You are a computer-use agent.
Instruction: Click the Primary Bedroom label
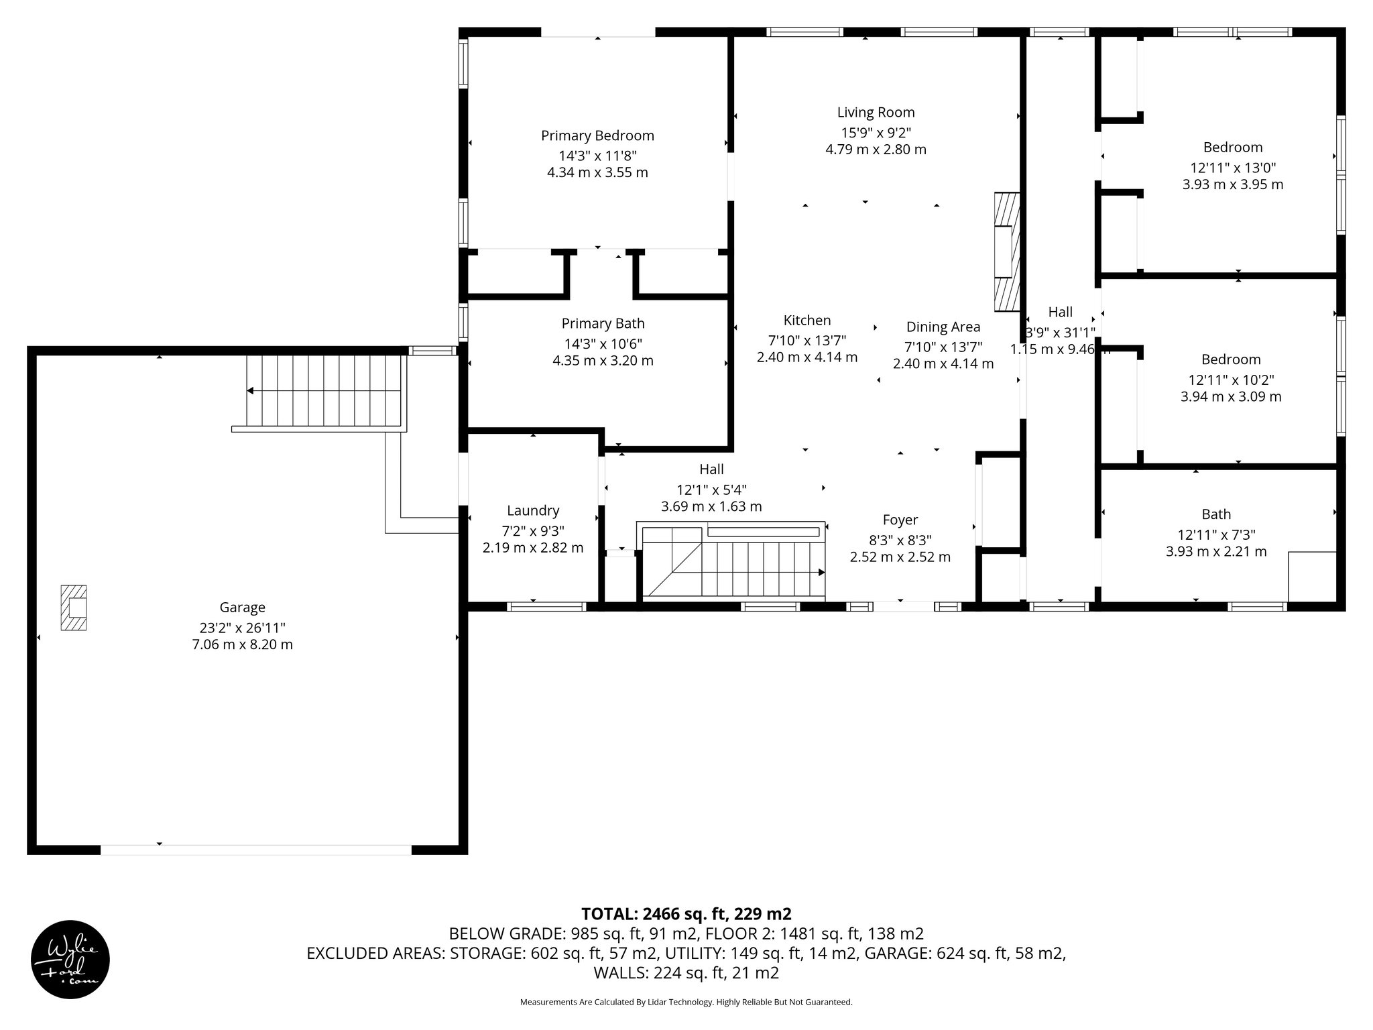pyautogui.click(x=597, y=136)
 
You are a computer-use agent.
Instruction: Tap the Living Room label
pyautogui.click(x=876, y=113)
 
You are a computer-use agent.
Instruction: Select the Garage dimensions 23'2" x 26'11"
pyautogui.click(x=243, y=628)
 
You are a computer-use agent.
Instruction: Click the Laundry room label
pyautogui.click(x=533, y=511)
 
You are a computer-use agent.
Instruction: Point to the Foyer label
pyautogui.click(x=900, y=520)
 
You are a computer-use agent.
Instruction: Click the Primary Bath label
pyautogui.click(x=603, y=324)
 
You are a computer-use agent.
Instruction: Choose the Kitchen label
pyautogui.click(x=807, y=321)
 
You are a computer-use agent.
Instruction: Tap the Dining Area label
pyautogui.click(x=943, y=327)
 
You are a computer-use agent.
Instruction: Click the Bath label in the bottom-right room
pyautogui.click(x=1216, y=514)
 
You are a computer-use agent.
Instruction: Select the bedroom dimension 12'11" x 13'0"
pyautogui.click(x=1233, y=168)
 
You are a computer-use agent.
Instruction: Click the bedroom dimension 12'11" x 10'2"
pyautogui.click(x=1231, y=380)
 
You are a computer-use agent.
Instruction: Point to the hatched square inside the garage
pyautogui.click(x=73, y=608)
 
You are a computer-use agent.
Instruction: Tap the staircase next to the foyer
pyautogui.click(x=733, y=562)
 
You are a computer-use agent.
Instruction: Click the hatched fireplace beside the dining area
pyautogui.click(x=1006, y=252)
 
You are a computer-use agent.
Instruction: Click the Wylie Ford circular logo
pyautogui.click(x=70, y=960)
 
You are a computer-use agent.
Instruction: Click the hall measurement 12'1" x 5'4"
pyautogui.click(x=711, y=490)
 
